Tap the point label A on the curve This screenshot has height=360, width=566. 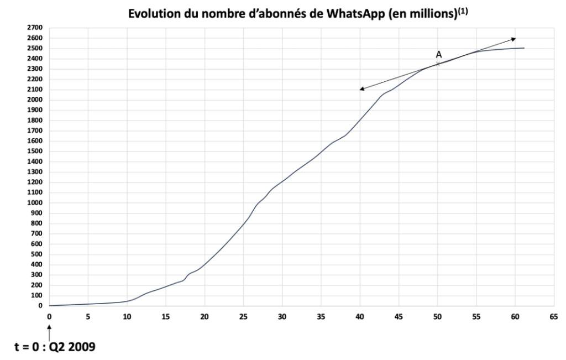coord(438,54)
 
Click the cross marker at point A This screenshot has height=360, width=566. coord(438,64)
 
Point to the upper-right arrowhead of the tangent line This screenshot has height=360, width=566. coord(514,38)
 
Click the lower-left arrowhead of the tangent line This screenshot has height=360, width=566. coord(361,89)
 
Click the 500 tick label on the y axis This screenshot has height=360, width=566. coord(36,254)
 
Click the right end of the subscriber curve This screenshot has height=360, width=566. coord(523,48)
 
